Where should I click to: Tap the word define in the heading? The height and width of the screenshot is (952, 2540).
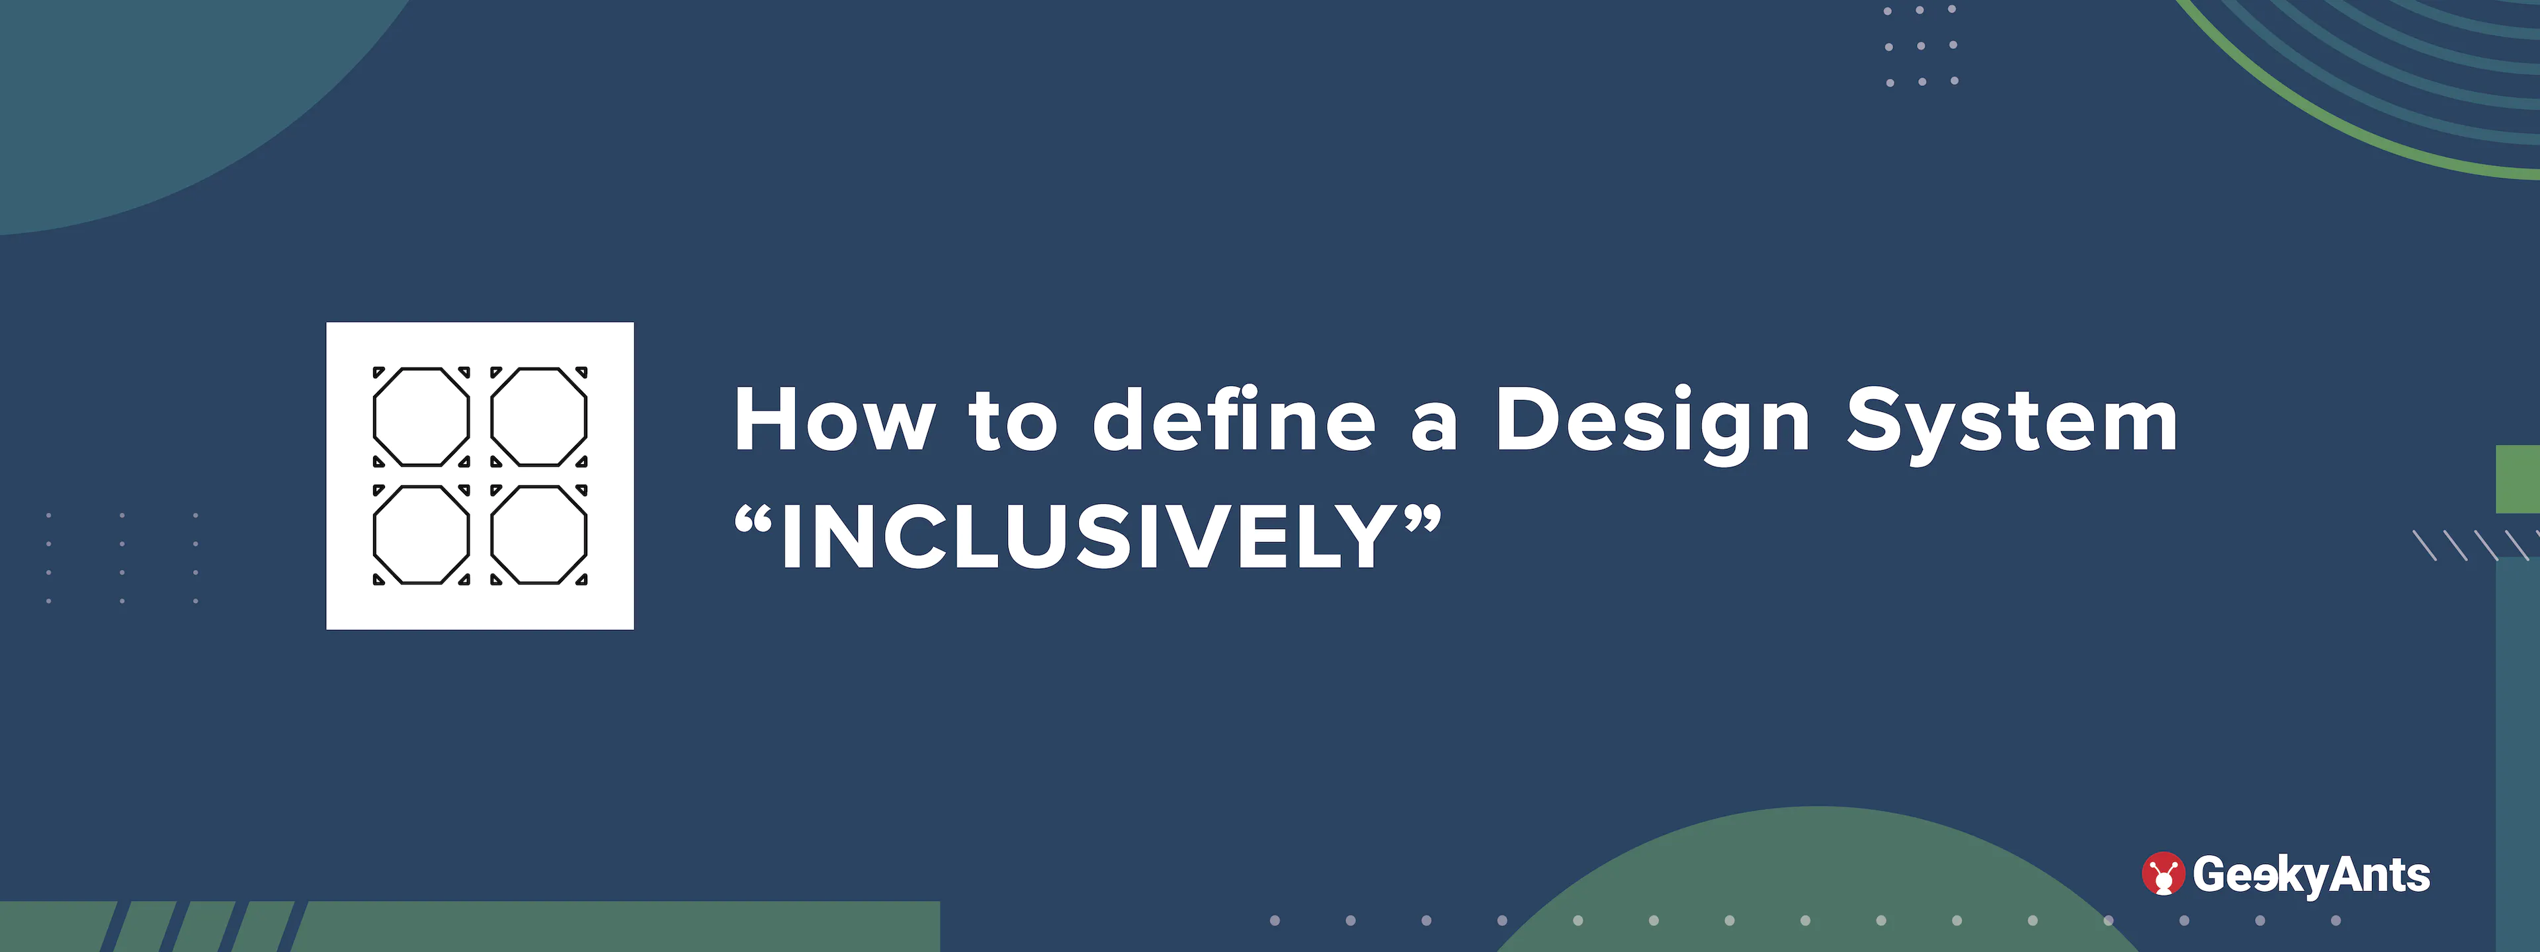tap(1234, 417)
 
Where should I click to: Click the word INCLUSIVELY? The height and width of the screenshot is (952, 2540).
tap(1085, 536)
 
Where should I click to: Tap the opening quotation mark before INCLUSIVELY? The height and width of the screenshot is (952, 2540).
tap(753, 520)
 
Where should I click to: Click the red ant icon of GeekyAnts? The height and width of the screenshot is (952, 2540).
tap(2162, 874)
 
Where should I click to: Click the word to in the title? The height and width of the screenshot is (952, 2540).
tap(1013, 421)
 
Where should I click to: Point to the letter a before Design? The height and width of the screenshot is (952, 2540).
tap(1435, 430)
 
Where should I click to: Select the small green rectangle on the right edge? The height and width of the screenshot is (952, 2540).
tap(2518, 479)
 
